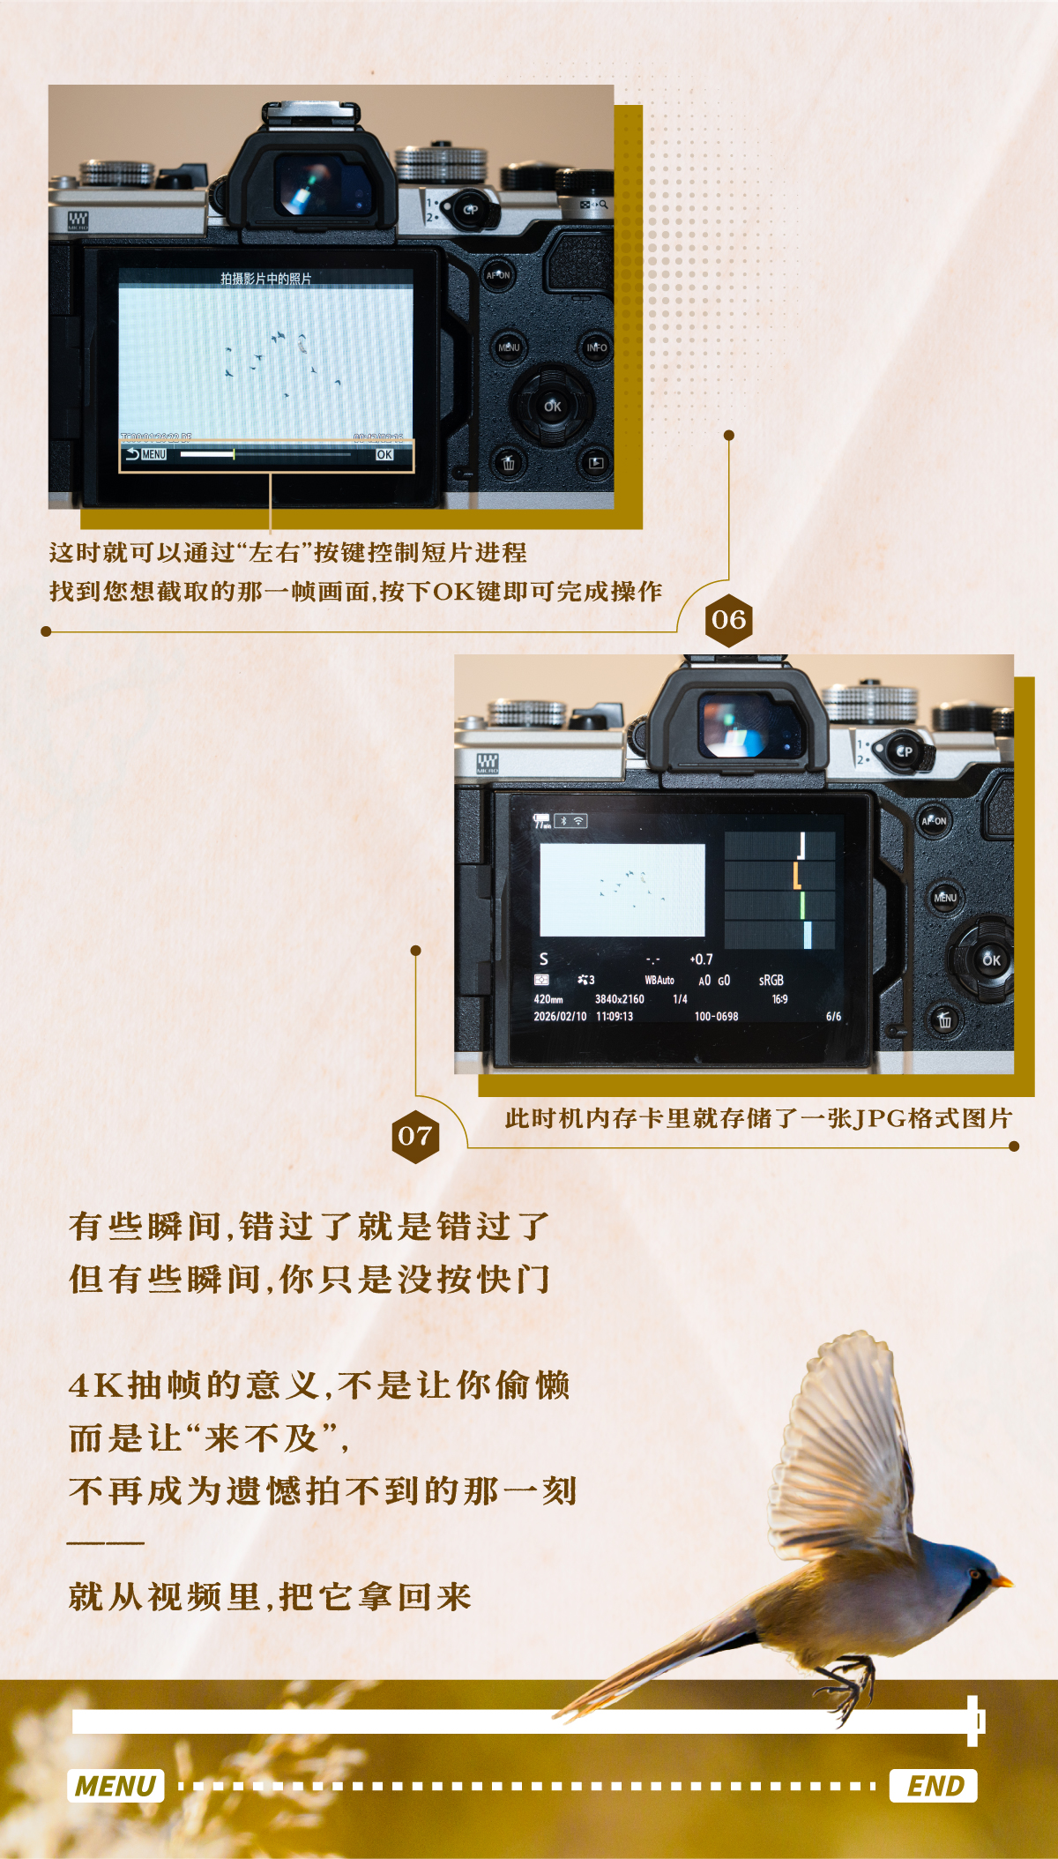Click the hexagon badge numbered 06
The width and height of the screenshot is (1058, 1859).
729,620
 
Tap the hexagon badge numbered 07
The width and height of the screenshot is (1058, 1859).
415,1136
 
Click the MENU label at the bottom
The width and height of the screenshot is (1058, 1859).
115,1786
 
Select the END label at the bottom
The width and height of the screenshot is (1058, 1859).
934,1786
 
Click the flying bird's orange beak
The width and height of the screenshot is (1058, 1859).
1002,1581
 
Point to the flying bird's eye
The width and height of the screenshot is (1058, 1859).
974,1573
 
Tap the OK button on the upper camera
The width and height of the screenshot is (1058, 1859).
553,407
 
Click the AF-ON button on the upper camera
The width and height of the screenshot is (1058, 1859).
498,275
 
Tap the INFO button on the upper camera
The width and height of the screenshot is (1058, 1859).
597,347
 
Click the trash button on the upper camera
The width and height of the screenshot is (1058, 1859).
509,462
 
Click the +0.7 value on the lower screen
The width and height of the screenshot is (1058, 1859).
701,959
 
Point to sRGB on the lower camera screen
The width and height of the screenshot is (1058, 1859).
771,981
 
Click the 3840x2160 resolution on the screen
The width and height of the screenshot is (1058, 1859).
619,999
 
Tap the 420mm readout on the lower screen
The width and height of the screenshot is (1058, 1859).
548,999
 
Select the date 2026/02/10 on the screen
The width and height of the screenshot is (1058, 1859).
560,1017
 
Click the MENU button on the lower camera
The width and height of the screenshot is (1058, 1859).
945,898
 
